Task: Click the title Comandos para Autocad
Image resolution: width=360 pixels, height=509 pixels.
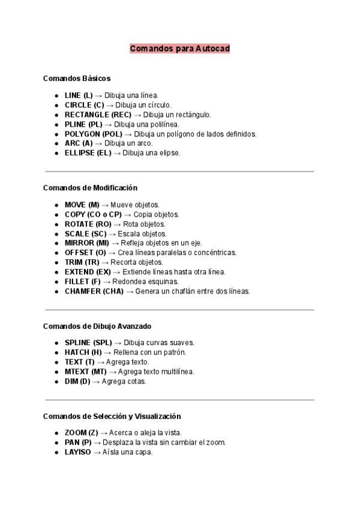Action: click(x=179, y=48)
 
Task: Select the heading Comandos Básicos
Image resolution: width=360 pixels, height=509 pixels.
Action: click(x=76, y=78)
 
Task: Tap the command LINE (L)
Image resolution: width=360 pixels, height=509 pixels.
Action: click(x=79, y=95)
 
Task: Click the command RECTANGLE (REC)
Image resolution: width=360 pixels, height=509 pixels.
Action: click(x=98, y=115)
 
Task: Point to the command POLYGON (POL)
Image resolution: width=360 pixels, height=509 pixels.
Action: click(x=94, y=134)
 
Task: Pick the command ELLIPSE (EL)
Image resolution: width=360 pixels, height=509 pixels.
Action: click(x=88, y=153)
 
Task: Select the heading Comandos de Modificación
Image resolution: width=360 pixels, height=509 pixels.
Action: click(x=90, y=188)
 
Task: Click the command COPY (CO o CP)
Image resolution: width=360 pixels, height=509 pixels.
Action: click(x=93, y=214)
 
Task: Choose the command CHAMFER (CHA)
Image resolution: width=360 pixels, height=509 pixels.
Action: click(x=94, y=291)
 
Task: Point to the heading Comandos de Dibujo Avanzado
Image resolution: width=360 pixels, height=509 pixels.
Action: click(x=97, y=326)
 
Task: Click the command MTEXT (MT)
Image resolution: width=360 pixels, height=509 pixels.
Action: click(x=86, y=372)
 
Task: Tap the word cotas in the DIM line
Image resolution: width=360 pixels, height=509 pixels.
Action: click(x=137, y=381)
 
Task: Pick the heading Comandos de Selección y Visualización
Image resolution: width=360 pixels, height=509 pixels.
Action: click(x=112, y=416)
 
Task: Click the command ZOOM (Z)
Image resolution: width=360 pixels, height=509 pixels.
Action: click(x=81, y=433)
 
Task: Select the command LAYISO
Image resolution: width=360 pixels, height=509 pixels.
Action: click(x=77, y=452)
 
